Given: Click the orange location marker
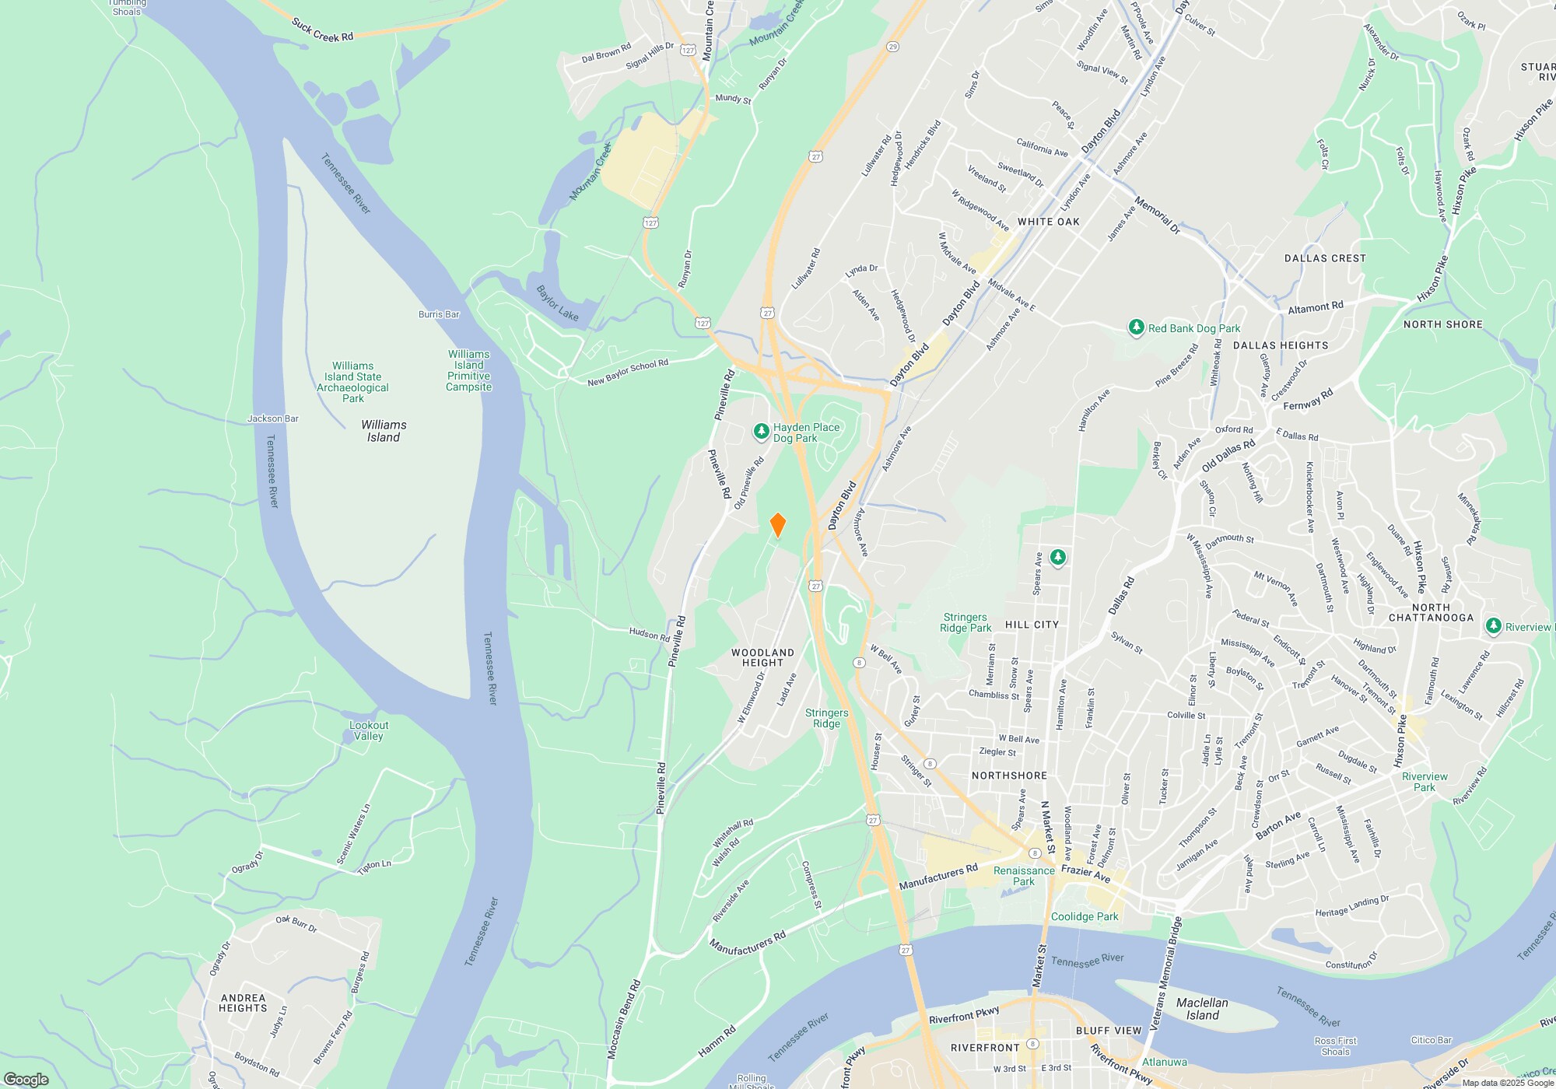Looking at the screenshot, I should coord(777,525).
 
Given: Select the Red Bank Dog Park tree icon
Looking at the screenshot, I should coord(1137,328).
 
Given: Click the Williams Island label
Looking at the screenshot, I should coord(384,431).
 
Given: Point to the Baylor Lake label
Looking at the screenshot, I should coord(557,303).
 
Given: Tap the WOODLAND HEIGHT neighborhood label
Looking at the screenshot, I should coord(762,658).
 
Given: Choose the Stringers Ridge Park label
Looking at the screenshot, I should coord(965,622).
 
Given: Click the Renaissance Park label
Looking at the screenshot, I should coord(1024,876).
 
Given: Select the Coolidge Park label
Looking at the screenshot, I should coord(1085,916).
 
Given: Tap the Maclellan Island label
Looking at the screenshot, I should coord(1202,1009).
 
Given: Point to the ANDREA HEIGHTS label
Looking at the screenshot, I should coord(243,1003).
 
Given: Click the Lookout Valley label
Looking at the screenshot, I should coord(369,730).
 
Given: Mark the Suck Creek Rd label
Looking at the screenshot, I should coord(322,30).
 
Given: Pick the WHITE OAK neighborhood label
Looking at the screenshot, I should coord(1048,222).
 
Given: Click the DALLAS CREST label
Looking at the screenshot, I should coord(1325,258).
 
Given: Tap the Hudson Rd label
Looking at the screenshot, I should coord(649,634).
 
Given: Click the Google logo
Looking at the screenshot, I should coord(26,1079).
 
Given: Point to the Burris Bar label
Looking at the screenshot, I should coord(439,314).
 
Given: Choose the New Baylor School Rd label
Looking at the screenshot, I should coord(628,373).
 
